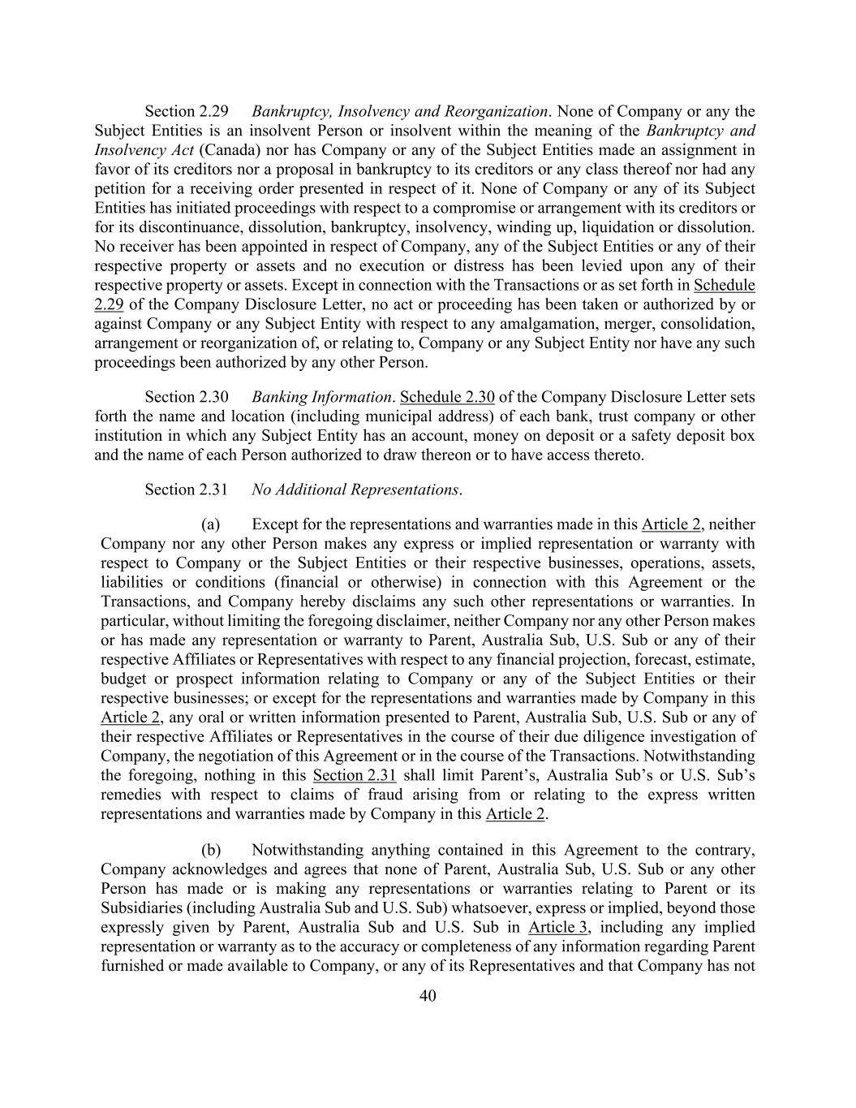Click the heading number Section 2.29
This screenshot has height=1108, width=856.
pyautogui.click(x=187, y=111)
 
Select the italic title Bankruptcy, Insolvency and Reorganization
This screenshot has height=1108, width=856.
pyautogui.click(x=399, y=111)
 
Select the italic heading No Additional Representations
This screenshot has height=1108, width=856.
pyautogui.click(x=355, y=489)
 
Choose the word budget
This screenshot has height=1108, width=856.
pyautogui.click(x=123, y=679)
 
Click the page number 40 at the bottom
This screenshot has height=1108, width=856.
pyautogui.click(x=428, y=996)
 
